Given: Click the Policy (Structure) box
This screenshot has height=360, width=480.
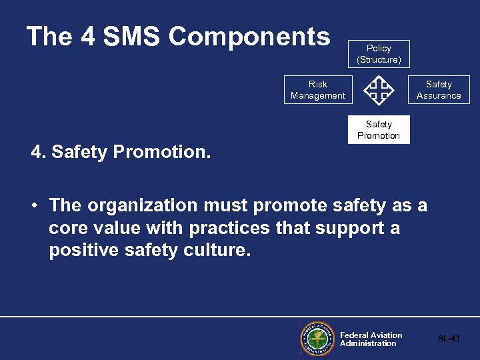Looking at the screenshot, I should [379, 54].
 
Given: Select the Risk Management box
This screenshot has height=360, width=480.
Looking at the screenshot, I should [317, 90].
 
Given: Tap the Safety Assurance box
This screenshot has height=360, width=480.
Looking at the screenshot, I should [439, 90].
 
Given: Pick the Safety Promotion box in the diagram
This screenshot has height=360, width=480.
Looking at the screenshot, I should [379, 130].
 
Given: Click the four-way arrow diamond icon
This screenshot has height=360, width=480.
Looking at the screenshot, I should [379, 90].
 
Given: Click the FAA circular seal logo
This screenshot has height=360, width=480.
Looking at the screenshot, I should [316, 339].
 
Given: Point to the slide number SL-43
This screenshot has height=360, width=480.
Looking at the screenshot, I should [449, 339].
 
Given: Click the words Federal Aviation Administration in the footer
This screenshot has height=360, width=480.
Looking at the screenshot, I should [371, 339].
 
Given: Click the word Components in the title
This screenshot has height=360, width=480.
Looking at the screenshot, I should [249, 37].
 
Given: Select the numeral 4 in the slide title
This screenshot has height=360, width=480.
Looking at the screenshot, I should [87, 37].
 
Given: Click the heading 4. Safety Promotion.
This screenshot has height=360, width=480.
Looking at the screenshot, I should [121, 152].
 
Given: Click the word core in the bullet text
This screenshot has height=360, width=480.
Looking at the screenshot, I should [69, 229].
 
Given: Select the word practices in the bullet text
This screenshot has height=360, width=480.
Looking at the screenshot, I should [229, 229].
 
